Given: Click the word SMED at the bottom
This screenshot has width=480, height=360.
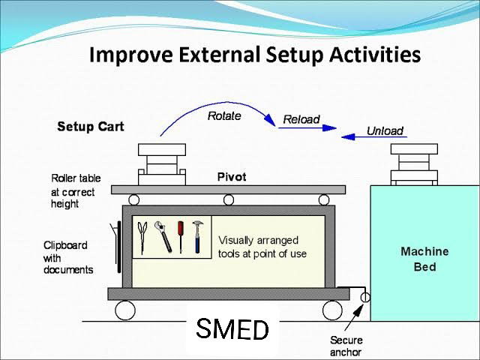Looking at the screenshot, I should tap(232, 328).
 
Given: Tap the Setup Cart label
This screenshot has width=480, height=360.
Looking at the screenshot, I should tap(91, 127).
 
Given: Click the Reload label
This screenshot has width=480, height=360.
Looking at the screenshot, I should tap(301, 119).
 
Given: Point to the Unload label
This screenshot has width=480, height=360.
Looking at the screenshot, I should tap(385, 130).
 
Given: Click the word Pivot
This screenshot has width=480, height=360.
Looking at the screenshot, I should tap(231, 177).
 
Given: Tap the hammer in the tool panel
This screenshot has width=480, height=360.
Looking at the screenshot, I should tap(198, 236).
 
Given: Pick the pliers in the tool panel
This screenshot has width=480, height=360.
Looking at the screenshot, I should tap(143, 236).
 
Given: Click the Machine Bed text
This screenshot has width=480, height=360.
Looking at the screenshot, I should tap(424, 259).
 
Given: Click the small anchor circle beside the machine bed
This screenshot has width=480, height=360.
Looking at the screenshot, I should tap(365, 298).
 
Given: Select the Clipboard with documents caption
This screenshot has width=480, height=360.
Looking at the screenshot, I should tap(68, 257).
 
